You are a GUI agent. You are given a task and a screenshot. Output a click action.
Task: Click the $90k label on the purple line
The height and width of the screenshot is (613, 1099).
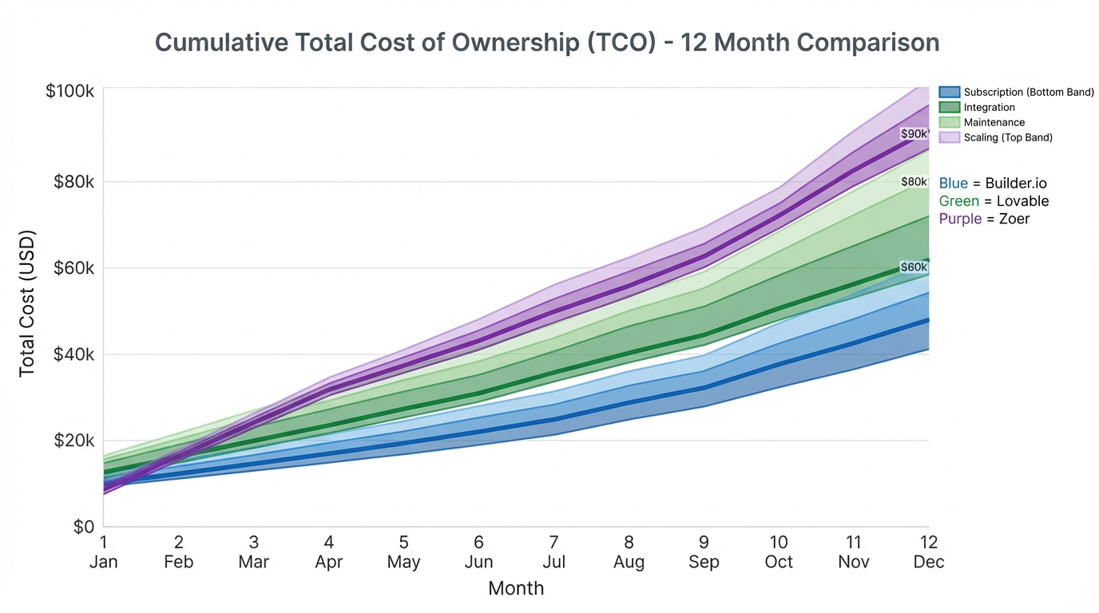click(915, 134)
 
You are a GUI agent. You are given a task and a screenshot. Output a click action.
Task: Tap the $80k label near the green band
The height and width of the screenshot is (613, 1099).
click(914, 182)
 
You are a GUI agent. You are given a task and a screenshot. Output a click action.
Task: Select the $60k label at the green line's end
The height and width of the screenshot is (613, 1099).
click(914, 267)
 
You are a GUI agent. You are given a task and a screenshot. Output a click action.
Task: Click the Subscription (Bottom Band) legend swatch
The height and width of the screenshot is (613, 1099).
click(950, 93)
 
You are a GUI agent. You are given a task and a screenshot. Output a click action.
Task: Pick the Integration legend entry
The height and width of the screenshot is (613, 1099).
click(989, 108)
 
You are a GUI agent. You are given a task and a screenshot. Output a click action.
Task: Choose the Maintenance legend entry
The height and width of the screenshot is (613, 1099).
click(994, 123)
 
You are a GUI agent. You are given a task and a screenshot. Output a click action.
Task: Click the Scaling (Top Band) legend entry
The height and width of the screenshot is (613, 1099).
click(1007, 138)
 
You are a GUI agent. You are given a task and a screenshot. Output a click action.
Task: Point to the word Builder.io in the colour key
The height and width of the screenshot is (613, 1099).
click(1016, 184)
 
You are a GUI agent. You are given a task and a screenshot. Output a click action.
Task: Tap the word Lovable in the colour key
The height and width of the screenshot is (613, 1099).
click(1022, 201)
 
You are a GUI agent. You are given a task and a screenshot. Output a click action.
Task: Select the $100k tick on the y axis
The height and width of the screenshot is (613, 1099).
click(70, 91)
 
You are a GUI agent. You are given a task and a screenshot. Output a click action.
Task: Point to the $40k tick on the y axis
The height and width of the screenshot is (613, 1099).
click(73, 354)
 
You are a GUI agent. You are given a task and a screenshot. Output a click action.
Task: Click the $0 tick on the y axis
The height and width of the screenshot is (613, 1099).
click(84, 527)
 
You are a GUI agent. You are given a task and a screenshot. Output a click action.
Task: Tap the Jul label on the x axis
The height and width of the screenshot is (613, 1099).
click(553, 562)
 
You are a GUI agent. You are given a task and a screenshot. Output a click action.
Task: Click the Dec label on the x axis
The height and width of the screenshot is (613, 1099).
click(929, 562)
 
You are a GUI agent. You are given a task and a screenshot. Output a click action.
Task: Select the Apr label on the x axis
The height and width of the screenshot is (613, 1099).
click(328, 562)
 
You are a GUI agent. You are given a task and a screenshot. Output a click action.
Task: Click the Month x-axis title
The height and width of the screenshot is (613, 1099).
click(516, 589)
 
